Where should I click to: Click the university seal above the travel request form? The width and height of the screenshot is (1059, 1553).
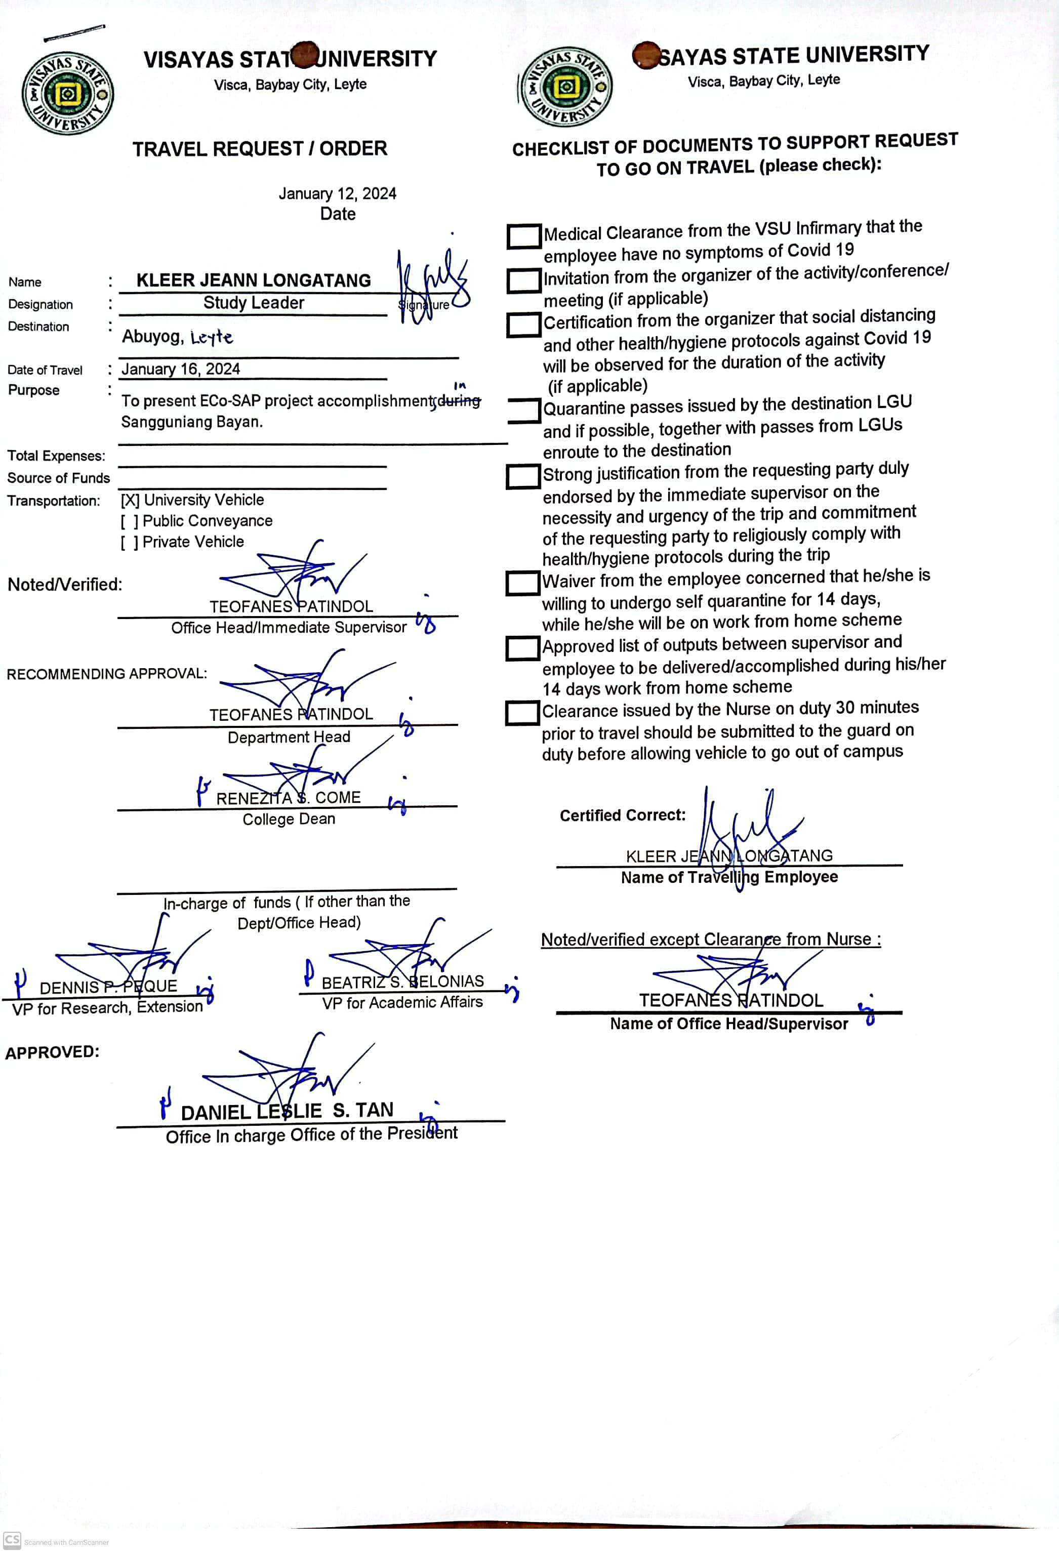coord(67,94)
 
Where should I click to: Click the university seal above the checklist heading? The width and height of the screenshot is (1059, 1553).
coord(566,87)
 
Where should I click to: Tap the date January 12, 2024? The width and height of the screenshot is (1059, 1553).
coord(338,194)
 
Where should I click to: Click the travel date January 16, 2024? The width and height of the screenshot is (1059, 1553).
coord(180,369)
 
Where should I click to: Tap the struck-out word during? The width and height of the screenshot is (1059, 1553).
coord(459,401)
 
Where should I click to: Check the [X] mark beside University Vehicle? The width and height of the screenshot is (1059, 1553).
coord(130,500)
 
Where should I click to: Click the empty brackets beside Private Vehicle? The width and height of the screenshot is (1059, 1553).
coord(130,542)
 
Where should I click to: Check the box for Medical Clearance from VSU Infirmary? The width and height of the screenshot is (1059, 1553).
coord(524,236)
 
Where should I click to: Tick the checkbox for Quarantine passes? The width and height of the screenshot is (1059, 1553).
coord(524,411)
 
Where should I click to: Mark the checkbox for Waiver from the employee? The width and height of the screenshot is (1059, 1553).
coord(522,583)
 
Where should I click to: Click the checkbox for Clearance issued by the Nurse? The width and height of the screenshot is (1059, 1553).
coord(522,712)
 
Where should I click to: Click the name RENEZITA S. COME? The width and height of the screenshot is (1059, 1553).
coord(288,798)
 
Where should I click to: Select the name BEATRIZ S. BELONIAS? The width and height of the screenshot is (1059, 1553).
coord(402,982)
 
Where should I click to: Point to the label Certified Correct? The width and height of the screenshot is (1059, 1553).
coord(622,815)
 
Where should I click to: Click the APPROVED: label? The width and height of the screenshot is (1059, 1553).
coord(52,1052)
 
